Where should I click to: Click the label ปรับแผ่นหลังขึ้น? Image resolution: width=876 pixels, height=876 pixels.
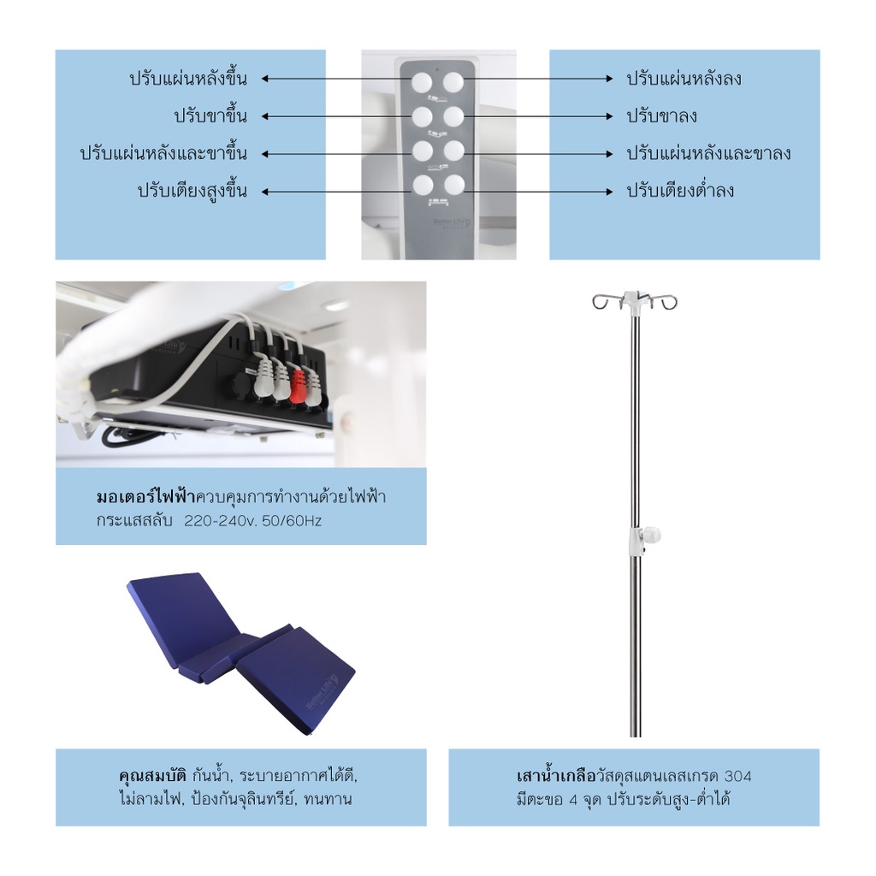(x=188, y=79)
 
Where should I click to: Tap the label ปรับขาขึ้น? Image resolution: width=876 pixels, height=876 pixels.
(x=210, y=115)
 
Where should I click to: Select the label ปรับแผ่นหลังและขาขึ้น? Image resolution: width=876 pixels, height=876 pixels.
(x=163, y=154)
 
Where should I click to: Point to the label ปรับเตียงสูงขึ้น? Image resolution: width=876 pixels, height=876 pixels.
(x=192, y=190)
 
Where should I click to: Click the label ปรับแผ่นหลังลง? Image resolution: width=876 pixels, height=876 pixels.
(x=684, y=79)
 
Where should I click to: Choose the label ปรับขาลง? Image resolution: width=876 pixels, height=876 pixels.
(x=661, y=115)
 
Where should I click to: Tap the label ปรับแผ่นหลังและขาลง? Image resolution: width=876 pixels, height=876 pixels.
(x=708, y=154)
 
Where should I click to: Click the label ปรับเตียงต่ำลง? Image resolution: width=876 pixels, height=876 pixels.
(x=680, y=190)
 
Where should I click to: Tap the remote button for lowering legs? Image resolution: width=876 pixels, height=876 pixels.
(x=453, y=115)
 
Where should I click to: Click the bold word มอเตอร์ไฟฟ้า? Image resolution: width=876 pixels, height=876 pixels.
(x=145, y=497)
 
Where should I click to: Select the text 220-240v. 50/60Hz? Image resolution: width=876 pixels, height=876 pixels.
(x=253, y=520)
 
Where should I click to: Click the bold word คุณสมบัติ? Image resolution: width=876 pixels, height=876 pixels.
(x=152, y=778)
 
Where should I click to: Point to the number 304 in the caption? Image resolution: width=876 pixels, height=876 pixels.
(x=737, y=778)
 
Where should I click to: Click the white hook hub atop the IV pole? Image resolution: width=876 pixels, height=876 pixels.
(x=633, y=299)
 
